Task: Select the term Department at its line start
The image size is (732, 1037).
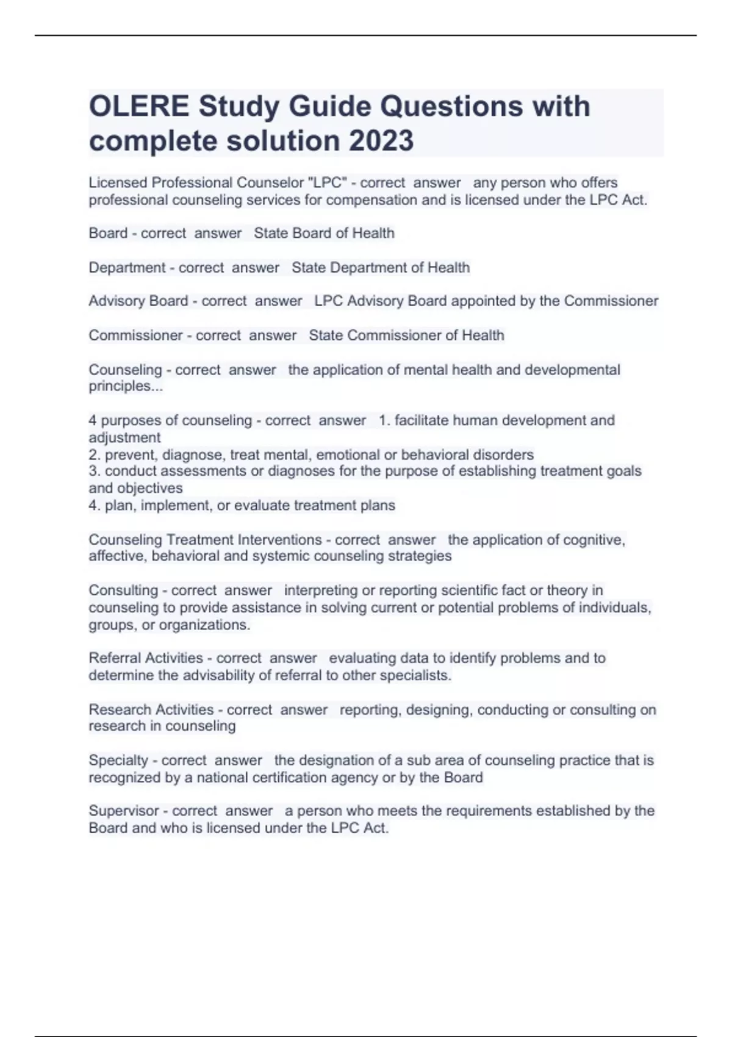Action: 127,267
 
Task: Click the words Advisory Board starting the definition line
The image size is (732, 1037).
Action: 138,301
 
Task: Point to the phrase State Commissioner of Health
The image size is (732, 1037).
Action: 406,335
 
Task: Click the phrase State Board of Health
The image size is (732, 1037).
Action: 324,233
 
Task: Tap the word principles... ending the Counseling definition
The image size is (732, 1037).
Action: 126,386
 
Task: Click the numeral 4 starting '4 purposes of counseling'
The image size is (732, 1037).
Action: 92,420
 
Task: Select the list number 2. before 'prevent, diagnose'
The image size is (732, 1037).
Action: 95,454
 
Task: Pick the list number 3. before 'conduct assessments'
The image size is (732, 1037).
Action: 95,471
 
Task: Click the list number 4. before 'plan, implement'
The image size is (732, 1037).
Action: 95,505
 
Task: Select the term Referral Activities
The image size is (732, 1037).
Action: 146,658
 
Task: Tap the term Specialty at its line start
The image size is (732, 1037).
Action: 118,760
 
